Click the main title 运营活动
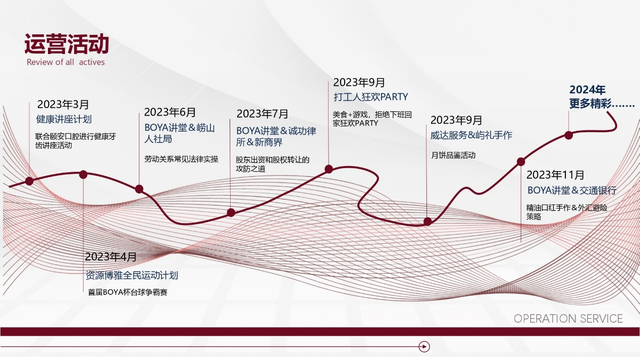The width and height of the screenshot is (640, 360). (67, 44)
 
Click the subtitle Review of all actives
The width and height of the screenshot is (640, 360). (66, 62)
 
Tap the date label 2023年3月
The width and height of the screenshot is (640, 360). (63, 105)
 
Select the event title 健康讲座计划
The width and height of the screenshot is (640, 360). (64, 119)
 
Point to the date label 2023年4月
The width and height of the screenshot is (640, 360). (111, 257)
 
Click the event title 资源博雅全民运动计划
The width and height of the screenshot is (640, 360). (132, 276)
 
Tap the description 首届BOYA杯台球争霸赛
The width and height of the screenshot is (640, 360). (127, 292)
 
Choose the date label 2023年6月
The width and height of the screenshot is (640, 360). (170, 112)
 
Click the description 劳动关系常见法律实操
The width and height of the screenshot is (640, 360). (181, 159)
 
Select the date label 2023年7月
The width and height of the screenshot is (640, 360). (262, 114)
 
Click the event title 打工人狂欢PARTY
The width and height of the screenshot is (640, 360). (370, 97)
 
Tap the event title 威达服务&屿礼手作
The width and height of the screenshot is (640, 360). (471, 135)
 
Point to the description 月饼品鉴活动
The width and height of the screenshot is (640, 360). (453, 156)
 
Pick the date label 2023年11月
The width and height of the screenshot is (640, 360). (555, 175)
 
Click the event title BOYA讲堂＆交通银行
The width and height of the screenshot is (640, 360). (572, 190)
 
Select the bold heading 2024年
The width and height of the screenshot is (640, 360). (588, 90)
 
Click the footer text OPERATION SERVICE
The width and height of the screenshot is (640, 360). (568, 319)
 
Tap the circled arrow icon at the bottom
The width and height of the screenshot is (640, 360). (424, 346)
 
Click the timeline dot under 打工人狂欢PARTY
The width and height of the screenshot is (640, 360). (329, 169)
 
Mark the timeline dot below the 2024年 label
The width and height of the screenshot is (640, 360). (568, 135)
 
